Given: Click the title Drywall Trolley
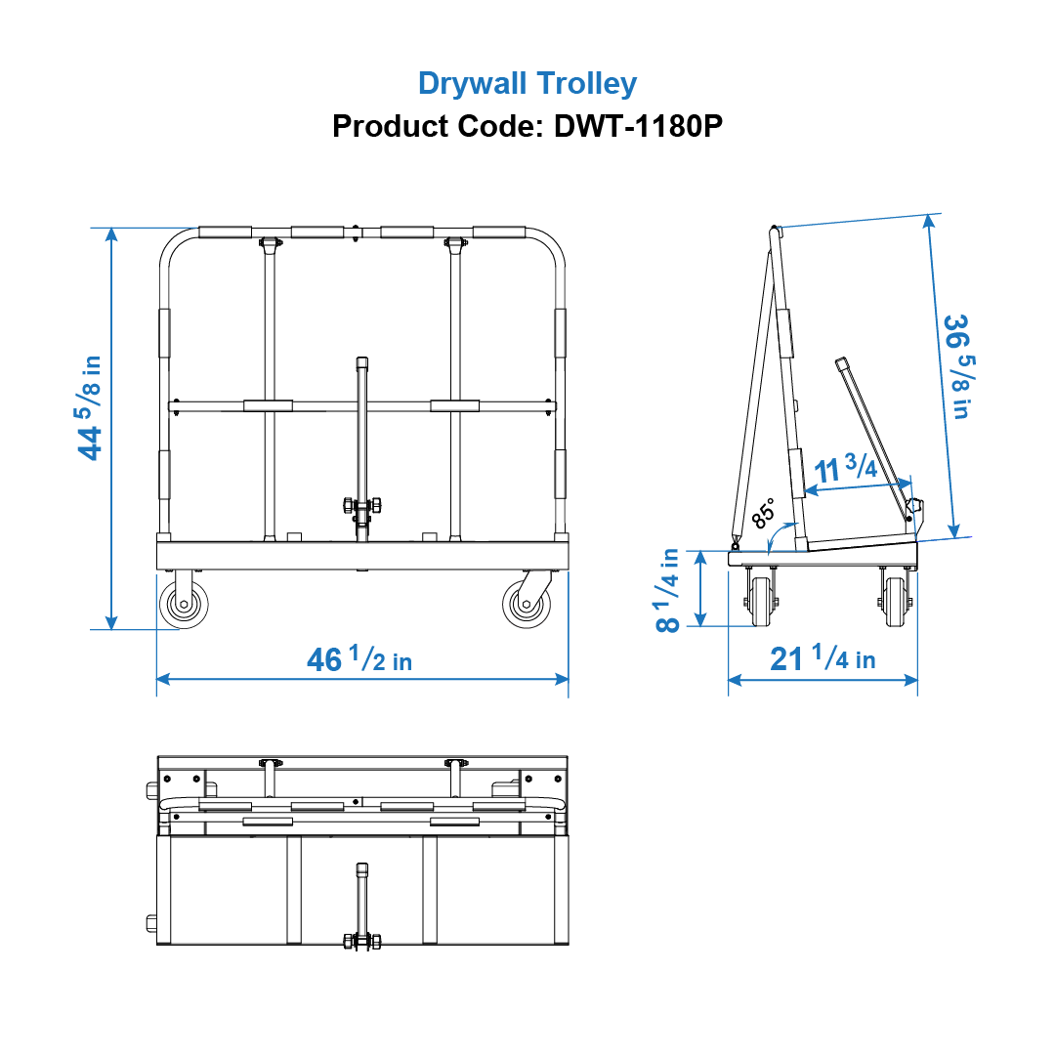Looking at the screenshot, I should click(527, 83).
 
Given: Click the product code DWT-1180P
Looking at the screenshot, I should click(638, 126).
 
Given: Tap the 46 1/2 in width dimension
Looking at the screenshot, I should click(359, 660).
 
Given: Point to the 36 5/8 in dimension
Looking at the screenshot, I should click(956, 365).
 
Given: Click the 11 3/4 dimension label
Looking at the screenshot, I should click(846, 470).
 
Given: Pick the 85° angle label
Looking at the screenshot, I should click(764, 511).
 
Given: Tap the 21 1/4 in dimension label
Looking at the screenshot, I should click(823, 659).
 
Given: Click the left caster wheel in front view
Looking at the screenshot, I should click(183, 605).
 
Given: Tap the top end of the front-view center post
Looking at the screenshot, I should click(362, 362).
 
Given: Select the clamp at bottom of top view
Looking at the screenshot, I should click(361, 941).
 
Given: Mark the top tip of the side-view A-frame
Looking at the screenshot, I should click(775, 230).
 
